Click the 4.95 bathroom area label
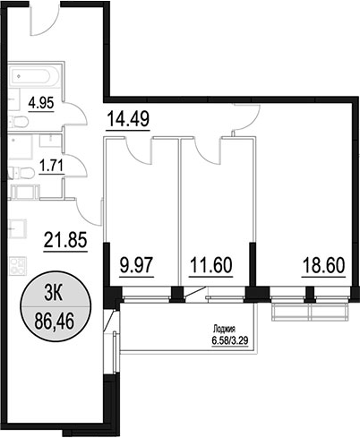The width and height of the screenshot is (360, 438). pyautogui.click(x=41, y=104)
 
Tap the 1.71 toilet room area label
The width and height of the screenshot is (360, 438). pyautogui.click(x=51, y=166)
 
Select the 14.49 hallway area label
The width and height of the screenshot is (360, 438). pyautogui.click(x=128, y=119)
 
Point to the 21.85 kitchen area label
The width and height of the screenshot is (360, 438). pyautogui.click(x=65, y=240)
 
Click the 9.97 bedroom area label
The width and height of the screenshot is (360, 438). pyautogui.click(x=136, y=265)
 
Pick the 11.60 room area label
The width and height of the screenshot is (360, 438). pyautogui.click(x=210, y=265)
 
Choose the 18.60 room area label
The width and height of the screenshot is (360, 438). pyautogui.click(x=323, y=265)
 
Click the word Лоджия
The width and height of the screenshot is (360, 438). pyautogui.click(x=225, y=330)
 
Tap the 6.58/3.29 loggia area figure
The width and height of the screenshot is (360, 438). pyautogui.click(x=230, y=340)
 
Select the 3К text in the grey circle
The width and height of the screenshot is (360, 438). pyautogui.click(x=54, y=294)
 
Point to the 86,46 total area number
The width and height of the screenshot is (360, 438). pyautogui.click(x=55, y=321)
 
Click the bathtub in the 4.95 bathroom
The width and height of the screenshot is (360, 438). pyautogui.click(x=34, y=76)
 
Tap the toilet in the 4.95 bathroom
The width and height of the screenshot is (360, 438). pyautogui.click(x=19, y=122)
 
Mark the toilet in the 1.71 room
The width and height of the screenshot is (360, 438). pyautogui.click(x=20, y=173)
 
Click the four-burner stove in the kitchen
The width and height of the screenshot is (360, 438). pyautogui.click(x=18, y=266)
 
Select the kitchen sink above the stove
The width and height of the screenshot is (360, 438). pyautogui.click(x=18, y=228)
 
